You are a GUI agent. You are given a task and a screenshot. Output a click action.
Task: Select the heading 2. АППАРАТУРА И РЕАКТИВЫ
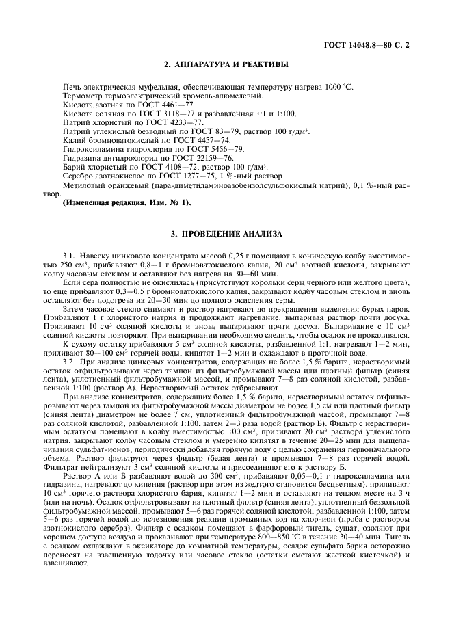pyautogui.click(x=226, y=65)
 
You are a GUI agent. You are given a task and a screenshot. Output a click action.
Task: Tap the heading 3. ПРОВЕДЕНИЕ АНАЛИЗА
pyautogui.click(x=226, y=235)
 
